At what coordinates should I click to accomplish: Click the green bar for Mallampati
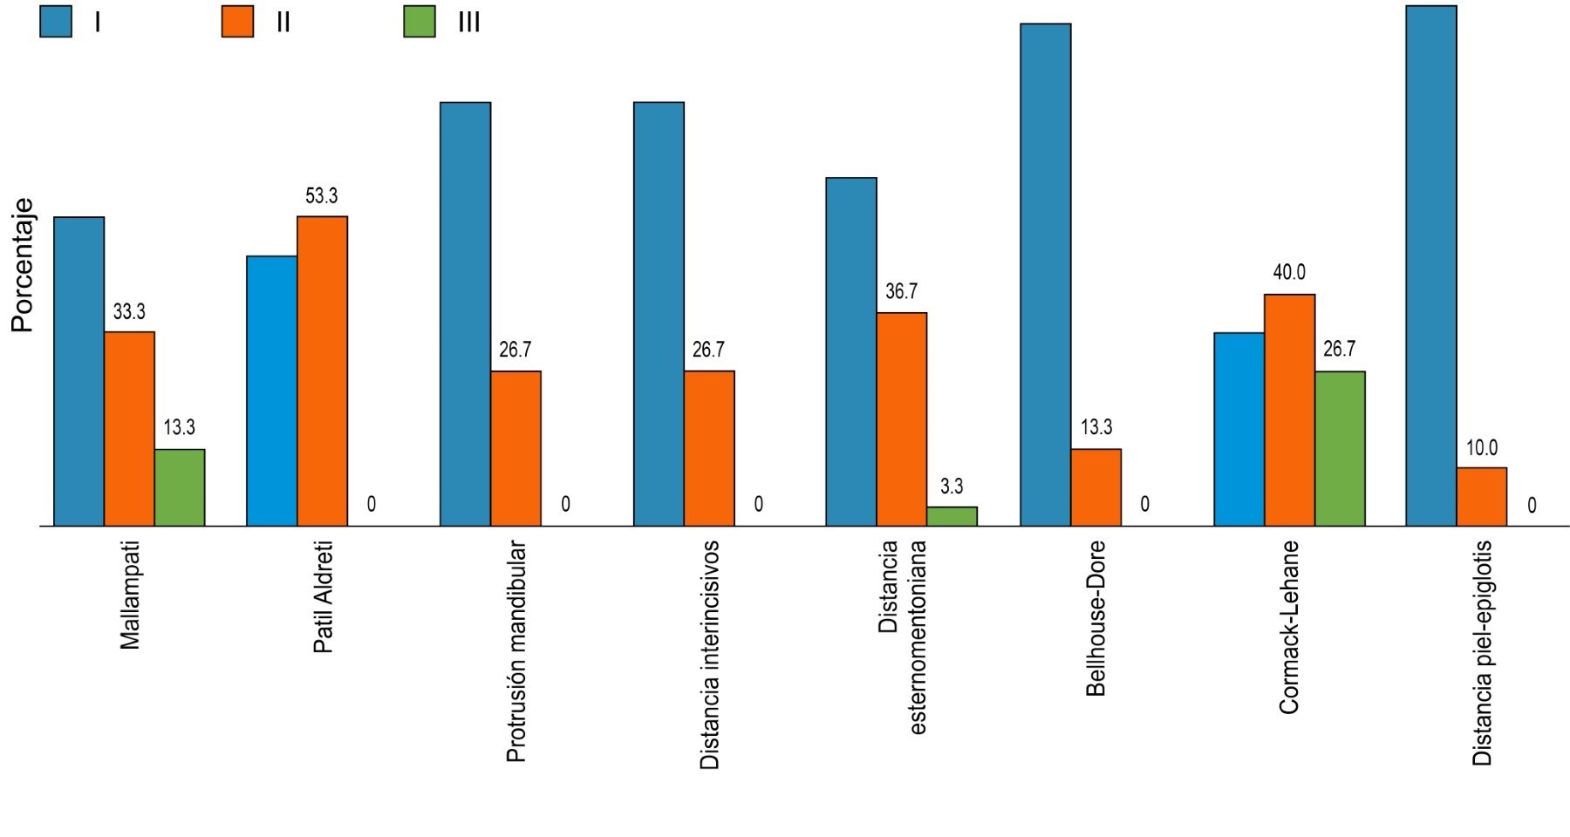(180, 487)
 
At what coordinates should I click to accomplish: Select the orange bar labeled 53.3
(322, 371)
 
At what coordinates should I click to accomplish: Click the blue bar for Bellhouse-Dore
(1045, 275)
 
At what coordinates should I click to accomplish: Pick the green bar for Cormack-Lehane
(1340, 448)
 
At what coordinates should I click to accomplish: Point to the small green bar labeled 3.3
(952, 516)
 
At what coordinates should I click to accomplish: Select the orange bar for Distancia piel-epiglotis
(1481, 497)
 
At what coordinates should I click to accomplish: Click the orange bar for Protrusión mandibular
(515, 448)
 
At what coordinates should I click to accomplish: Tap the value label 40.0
(1289, 273)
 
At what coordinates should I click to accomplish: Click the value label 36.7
(901, 292)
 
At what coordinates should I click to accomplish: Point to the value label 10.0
(1481, 448)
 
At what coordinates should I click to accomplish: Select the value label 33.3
(129, 311)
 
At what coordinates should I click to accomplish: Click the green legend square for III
(419, 22)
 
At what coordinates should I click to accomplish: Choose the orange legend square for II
(237, 22)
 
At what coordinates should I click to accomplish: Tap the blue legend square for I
(56, 22)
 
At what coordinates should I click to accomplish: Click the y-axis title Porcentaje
(23, 266)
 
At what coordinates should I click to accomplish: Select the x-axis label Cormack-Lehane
(1289, 628)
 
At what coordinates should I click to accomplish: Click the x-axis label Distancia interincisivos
(710, 655)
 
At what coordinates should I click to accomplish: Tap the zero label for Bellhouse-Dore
(1144, 504)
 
